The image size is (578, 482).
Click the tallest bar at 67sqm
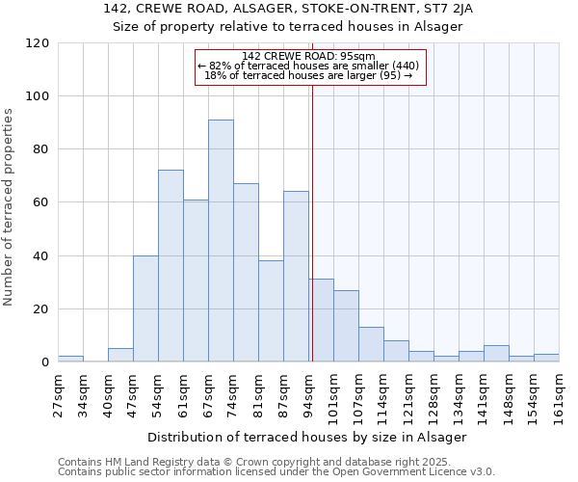(x=221, y=241)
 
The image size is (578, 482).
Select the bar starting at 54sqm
(x=171, y=266)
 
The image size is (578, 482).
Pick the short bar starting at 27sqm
(x=70, y=359)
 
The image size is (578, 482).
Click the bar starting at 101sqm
(x=346, y=326)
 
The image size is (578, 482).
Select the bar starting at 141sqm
(x=496, y=354)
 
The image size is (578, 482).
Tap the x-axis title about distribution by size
(x=307, y=437)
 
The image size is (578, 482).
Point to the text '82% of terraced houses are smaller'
(x=308, y=66)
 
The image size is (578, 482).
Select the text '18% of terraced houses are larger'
(x=308, y=75)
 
